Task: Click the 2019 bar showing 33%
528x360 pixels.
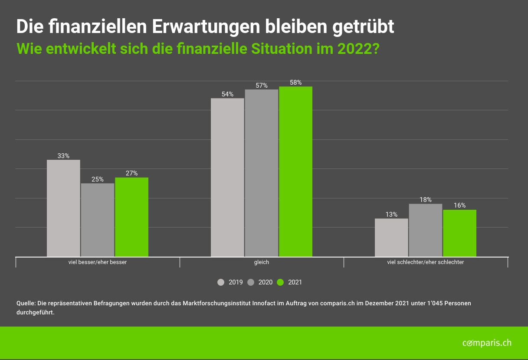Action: pos(63,208)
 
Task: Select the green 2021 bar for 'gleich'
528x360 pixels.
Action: pos(295,172)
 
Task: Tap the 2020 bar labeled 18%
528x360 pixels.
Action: pos(425,230)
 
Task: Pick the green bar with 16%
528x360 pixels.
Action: pos(459,233)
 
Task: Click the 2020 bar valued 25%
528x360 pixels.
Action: pos(98,220)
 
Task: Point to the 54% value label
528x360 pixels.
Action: pos(227,94)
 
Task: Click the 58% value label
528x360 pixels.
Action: pos(295,83)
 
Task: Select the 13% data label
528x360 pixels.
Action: pos(391,215)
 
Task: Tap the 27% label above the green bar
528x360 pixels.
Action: pos(131,173)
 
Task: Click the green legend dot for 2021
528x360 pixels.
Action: pos(280,282)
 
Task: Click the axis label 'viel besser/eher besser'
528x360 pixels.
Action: pos(98,262)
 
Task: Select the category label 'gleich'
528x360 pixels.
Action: pos(262,262)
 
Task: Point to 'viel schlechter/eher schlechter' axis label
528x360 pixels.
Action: pos(426,262)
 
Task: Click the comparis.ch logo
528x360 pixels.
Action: pos(487,343)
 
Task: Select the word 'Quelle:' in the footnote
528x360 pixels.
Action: pos(26,303)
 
